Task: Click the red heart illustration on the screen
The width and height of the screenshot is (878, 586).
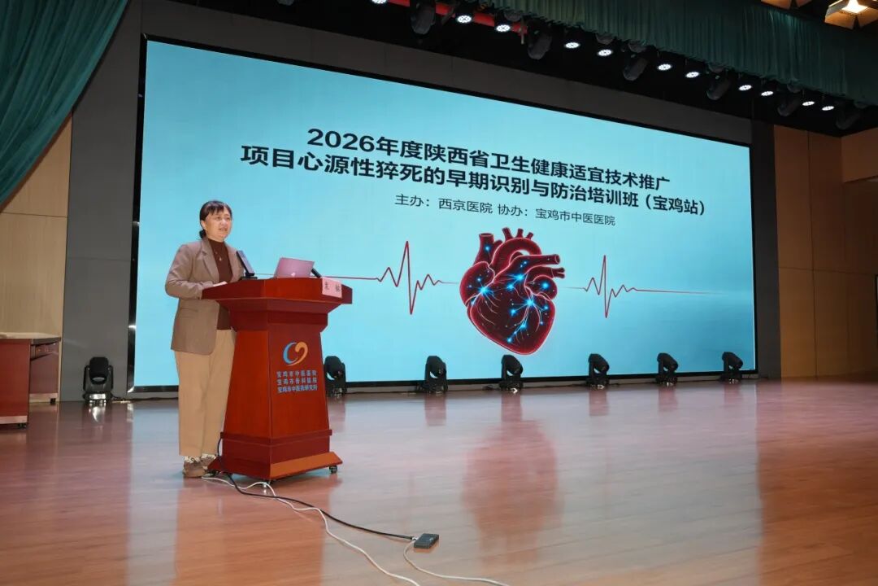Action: (511, 291)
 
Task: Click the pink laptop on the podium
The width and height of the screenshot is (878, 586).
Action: (293, 268)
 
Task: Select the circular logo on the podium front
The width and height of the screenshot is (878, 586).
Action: (295, 353)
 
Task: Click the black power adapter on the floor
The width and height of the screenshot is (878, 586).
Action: (426, 540)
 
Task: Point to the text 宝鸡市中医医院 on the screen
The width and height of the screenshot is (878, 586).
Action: (575, 218)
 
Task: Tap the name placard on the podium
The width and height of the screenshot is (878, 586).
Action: (332, 287)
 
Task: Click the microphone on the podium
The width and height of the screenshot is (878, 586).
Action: (245, 264)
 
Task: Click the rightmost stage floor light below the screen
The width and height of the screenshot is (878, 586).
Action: (731, 366)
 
